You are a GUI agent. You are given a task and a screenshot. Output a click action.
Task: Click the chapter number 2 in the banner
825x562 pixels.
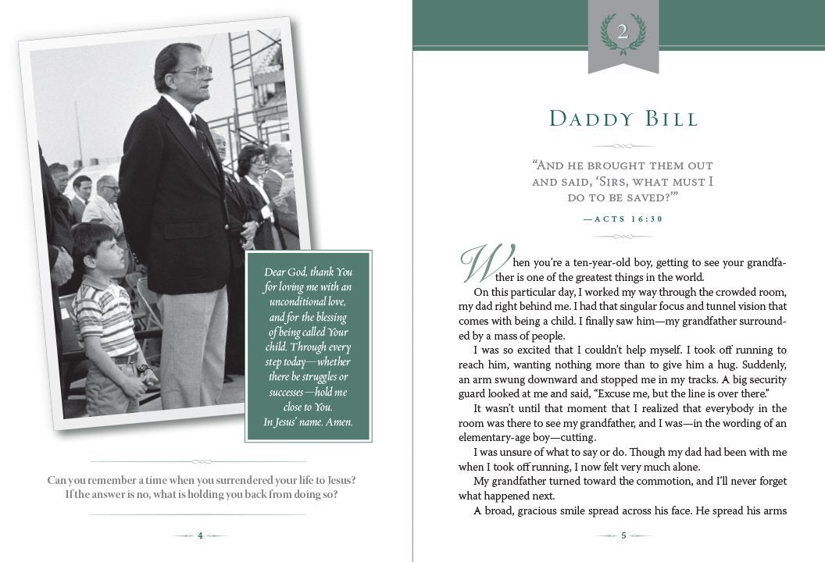point(623,33)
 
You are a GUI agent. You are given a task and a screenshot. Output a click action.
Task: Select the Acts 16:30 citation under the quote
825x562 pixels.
point(623,219)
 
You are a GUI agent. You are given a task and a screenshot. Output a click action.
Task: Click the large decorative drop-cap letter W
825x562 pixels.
point(480,263)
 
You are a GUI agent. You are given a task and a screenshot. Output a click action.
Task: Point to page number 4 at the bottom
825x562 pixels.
point(200,535)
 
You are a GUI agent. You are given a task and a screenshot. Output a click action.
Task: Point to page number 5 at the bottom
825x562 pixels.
point(623,535)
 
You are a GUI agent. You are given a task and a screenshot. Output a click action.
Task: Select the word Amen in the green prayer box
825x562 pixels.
point(337,423)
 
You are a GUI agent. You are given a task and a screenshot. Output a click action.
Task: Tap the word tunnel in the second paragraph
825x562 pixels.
point(705,307)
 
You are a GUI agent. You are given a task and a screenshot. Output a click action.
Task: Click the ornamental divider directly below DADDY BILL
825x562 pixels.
point(623,146)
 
